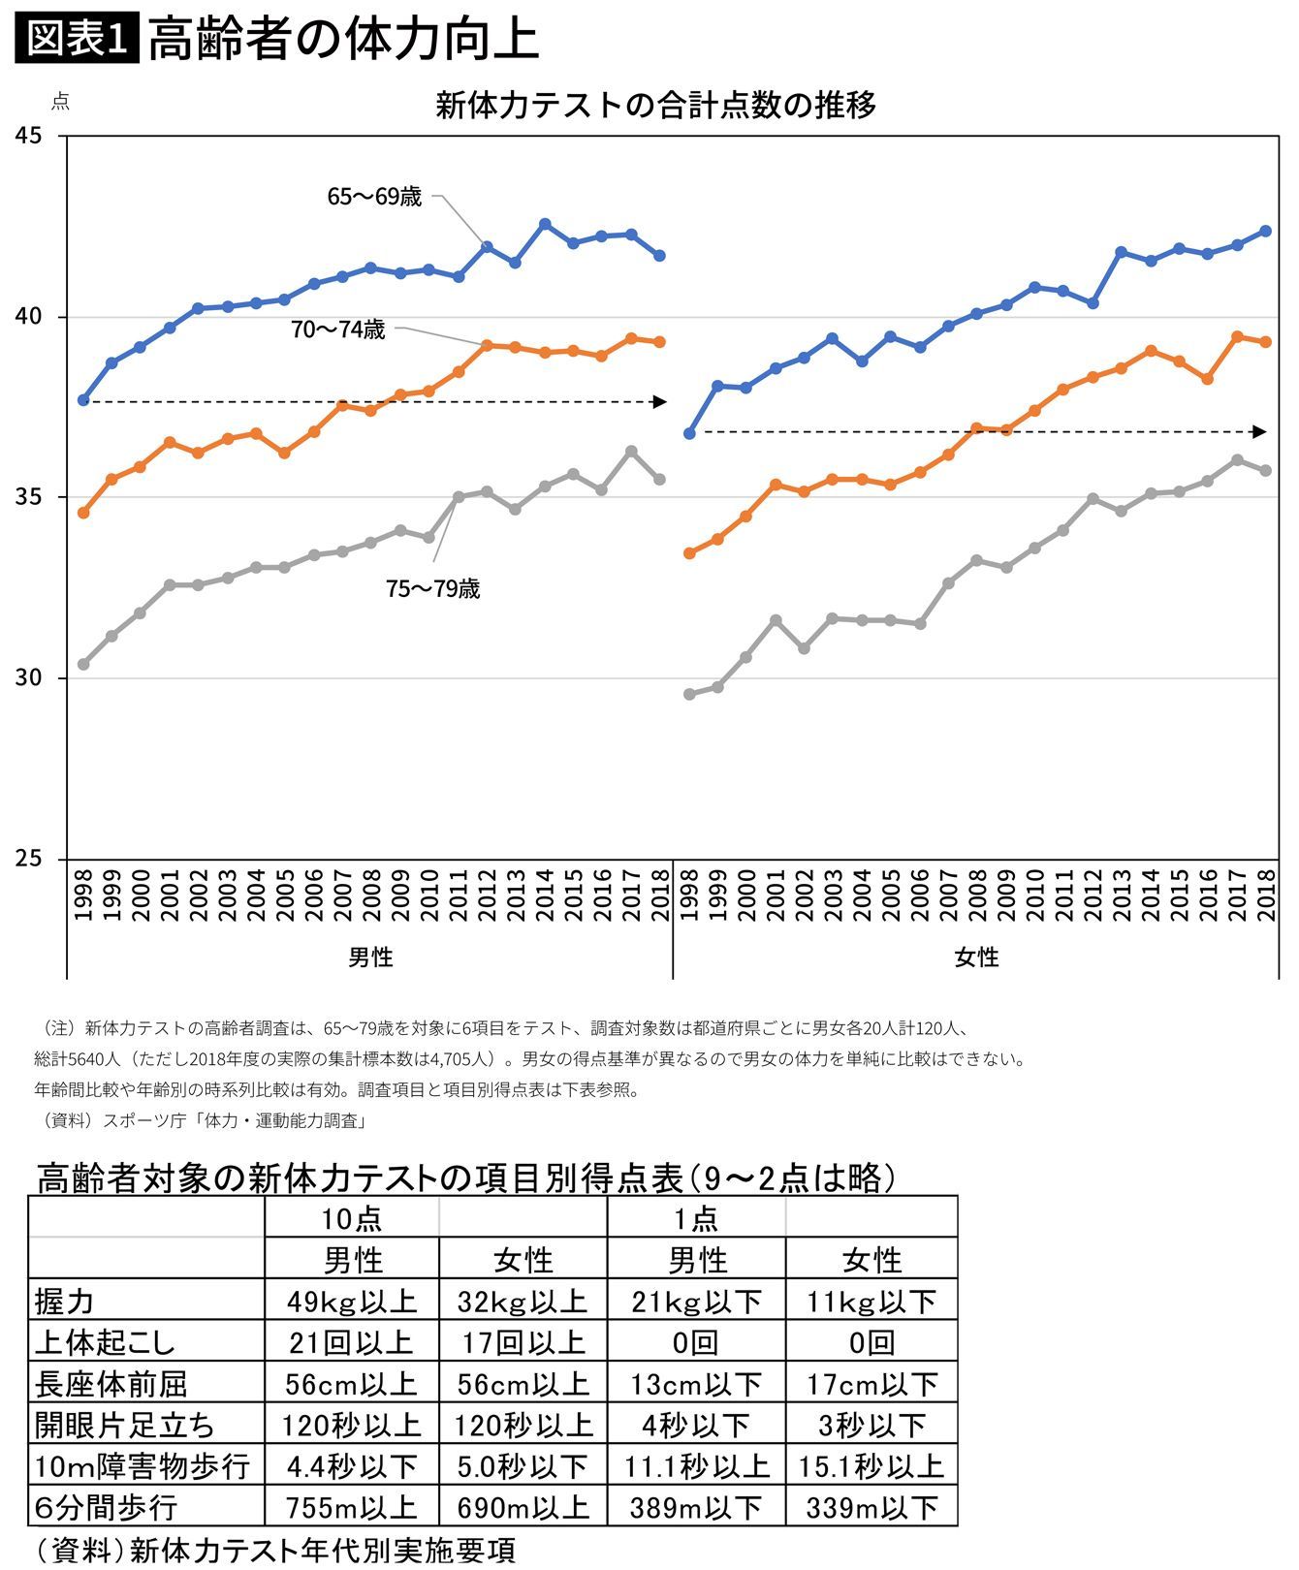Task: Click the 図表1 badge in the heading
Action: pyautogui.click(x=77, y=39)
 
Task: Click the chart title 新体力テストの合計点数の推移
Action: pyautogui.click(x=655, y=105)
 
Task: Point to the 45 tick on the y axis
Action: pyautogui.click(x=29, y=136)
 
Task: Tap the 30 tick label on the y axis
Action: pyautogui.click(x=29, y=677)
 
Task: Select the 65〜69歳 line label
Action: pyautogui.click(x=374, y=197)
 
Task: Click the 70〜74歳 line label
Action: pyautogui.click(x=337, y=330)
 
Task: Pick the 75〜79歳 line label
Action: pyautogui.click(x=432, y=589)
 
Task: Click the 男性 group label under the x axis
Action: pyautogui.click(x=370, y=958)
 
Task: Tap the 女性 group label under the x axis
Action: pyautogui.click(x=976, y=958)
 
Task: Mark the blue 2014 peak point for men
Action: pyautogui.click(x=545, y=224)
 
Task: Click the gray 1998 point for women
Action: pyautogui.click(x=689, y=694)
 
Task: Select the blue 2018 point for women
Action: pyautogui.click(x=1265, y=232)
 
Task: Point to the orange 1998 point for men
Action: pyautogui.click(x=83, y=513)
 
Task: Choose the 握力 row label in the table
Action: pyautogui.click(x=65, y=1301)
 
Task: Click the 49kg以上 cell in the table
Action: pyautogui.click(x=351, y=1301)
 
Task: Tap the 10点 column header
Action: pyautogui.click(x=351, y=1218)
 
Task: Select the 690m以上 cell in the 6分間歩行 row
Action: pyautogui.click(x=523, y=1507)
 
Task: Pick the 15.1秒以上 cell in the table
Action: pyautogui.click(x=871, y=1466)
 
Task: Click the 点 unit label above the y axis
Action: pyautogui.click(x=60, y=102)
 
